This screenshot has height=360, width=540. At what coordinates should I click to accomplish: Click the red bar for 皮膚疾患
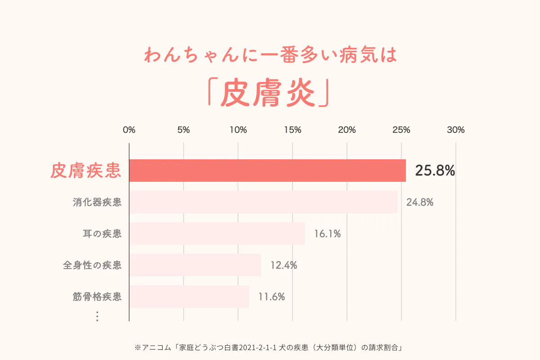tap(267, 171)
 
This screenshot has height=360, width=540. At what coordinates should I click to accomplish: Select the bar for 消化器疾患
tap(263, 202)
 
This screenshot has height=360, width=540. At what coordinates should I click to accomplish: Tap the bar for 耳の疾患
tap(217, 234)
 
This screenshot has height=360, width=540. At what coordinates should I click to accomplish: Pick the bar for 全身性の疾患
tap(195, 265)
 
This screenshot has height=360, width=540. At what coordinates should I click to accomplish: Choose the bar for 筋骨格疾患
tap(189, 297)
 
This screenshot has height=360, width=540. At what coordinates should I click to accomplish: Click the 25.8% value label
tap(435, 171)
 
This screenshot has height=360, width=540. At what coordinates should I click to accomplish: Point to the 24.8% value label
tap(420, 202)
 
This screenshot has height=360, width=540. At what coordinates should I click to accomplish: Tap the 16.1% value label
tap(327, 234)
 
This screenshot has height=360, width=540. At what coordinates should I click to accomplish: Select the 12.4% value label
tap(283, 265)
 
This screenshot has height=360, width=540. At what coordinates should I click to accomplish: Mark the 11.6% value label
tap(271, 297)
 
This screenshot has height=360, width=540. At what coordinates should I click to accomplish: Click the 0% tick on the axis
tap(129, 130)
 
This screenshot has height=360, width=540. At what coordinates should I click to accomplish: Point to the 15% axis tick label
tap(292, 130)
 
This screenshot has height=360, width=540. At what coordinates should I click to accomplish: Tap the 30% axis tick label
tap(456, 130)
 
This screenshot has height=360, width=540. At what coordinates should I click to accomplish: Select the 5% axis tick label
tap(184, 130)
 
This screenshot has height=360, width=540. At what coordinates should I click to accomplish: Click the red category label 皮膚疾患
tap(85, 171)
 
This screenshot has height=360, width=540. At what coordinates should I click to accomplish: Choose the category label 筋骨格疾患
tap(97, 297)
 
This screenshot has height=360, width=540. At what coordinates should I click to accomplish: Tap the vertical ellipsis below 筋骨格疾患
tap(97, 317)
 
